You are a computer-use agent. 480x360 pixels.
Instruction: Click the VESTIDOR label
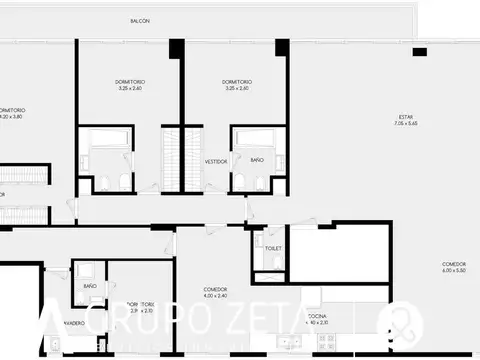click(216, 160)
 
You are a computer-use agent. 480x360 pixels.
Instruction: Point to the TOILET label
click(273, 247)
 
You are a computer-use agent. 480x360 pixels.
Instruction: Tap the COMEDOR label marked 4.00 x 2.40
click(216, 289)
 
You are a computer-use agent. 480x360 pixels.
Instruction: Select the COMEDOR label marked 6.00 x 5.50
click(454, 265)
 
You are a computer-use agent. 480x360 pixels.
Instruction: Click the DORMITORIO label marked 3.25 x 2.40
click(129, 81)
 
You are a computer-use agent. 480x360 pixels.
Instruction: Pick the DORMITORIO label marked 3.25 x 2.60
click(237, 81)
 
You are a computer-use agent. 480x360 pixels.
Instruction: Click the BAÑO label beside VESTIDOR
click(257, 160)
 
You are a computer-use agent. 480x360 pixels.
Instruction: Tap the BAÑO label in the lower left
click(90, 286)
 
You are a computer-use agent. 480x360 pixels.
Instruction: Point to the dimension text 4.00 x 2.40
click(216, 296)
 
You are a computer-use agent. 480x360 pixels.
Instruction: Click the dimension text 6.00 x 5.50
click(454, 272)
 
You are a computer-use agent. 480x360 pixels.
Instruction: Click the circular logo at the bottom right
click(405, 320)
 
